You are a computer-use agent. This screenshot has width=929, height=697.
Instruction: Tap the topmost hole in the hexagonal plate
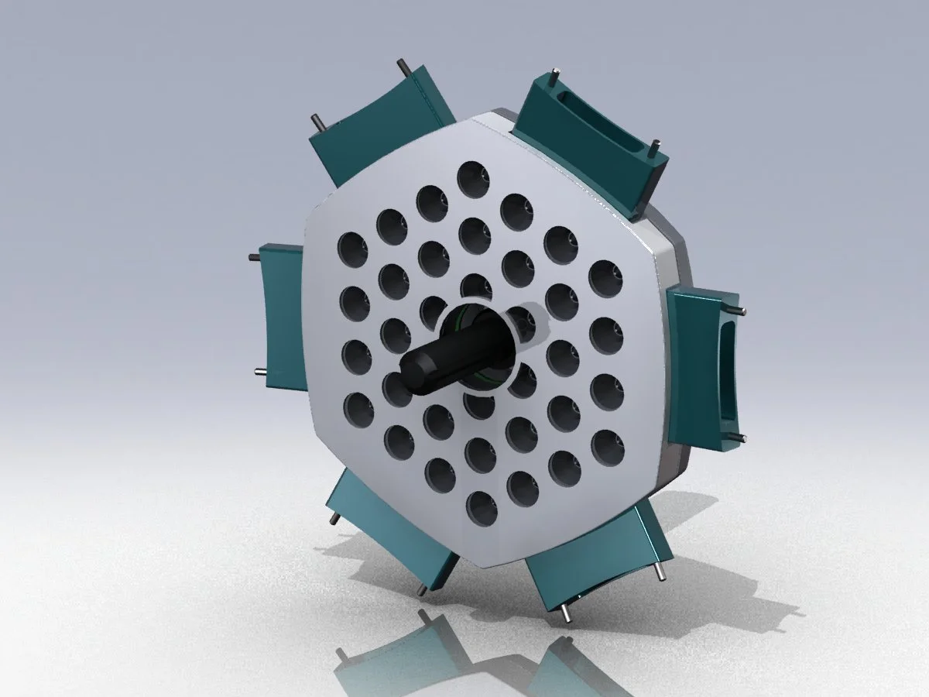473,179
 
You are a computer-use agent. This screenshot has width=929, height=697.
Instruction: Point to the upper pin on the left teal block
253,256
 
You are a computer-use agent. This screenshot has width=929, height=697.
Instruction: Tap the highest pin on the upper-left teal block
402,64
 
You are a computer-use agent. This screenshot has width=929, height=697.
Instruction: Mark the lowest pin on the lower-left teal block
421,591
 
